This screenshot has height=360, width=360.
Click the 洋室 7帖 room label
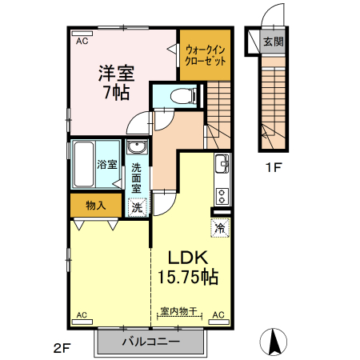click(x=116, y=79)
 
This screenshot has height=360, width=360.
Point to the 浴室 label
click(x=107, y=165)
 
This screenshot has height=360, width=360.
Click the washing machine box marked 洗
click(x=137, y=206)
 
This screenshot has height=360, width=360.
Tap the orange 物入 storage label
click(x=95, y=206)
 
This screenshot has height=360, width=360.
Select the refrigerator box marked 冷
click(x=219, y=228)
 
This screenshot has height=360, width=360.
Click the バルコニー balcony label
click(x=151, y=342)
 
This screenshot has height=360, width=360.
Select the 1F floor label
click(x=274, y=168)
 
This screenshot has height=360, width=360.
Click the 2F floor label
click(x=63, y=348)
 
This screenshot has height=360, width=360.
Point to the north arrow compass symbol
click(x=275, y=342)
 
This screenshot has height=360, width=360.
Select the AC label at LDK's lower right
click(x=218, y=315)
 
